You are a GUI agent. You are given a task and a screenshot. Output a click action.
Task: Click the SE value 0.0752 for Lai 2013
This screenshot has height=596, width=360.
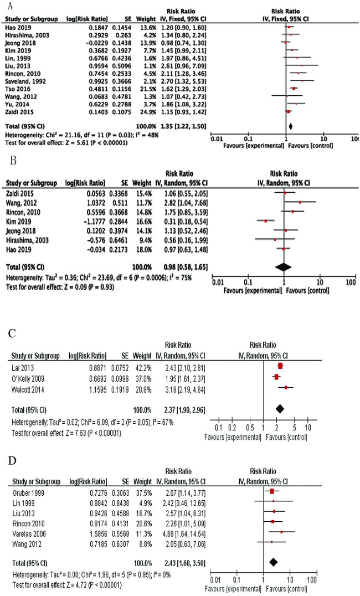click(x=115, y=366)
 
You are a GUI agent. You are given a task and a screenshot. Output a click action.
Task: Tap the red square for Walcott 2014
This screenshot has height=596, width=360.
click(x=285, y=388)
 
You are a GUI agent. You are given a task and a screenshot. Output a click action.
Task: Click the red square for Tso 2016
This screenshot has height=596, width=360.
click(x=294, y=88)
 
